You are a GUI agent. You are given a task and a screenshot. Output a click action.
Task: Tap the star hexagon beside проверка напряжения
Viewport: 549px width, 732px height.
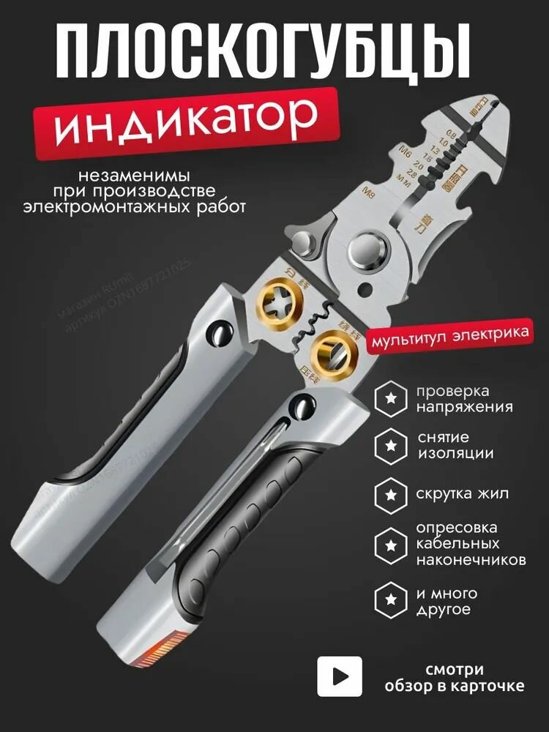coord(391,399)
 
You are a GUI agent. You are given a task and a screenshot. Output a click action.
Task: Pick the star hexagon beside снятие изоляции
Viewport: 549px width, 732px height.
coord(391,445)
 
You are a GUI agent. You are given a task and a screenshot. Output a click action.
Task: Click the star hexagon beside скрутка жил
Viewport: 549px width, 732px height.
coord(391,493)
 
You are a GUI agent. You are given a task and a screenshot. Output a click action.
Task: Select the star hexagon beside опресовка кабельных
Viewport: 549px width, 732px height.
coord(391,544)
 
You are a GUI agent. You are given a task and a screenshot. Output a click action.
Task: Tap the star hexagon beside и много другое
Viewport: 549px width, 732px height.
coord(391,600)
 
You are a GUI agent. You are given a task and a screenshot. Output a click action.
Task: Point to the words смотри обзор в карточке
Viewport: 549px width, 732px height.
coord(455,678)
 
